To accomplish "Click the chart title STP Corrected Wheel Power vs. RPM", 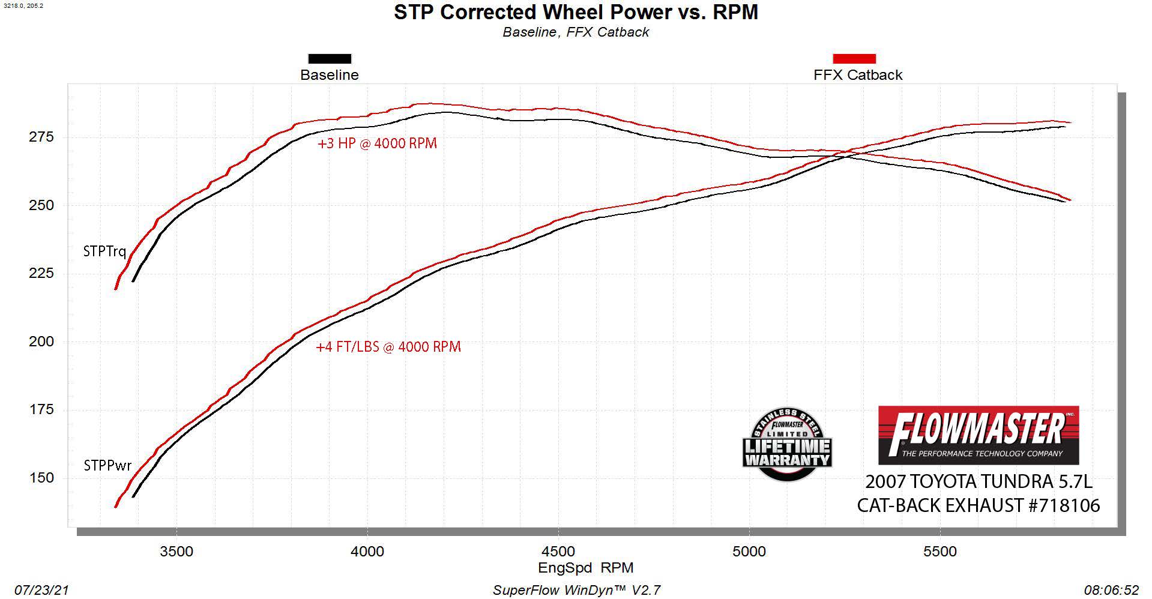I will (x=576, y=12).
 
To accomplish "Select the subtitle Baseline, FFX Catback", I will (x=576, y=32).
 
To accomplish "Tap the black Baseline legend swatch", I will (x=330, y=59).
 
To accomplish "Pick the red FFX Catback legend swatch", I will (x=854, y=59).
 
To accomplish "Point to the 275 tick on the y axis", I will (x=41, y=137).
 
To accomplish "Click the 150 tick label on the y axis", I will (x=41, y=478).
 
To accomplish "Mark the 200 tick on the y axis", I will (x=41, y=342).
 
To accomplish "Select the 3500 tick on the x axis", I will (x=176, y=552).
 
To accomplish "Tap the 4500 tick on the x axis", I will (x=558, y=552).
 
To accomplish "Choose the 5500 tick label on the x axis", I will (x=940, y=552).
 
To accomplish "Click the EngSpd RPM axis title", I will (x=585, y=568).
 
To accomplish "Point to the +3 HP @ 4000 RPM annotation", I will (x=377, y=143).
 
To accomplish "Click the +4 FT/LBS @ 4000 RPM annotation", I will (x=388, y=347).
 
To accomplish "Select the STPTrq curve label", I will (x=104, y=251).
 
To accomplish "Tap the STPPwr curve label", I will (x=107, y=466).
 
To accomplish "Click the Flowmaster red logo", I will (x=979, y=435).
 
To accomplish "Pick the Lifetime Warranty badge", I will (x=787, y=445).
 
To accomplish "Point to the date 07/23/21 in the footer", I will (x=41, y=590).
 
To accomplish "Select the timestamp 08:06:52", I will (x=1111, y=590).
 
